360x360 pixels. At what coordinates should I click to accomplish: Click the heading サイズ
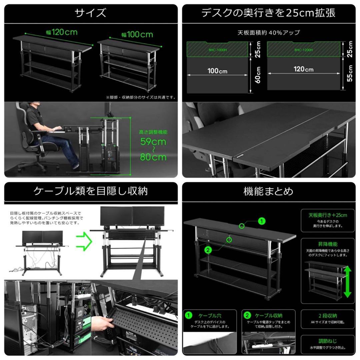pyautogui.click(x=90, y=13)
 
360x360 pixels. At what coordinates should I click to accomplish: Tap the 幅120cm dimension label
pyautogui.click(x=62, y=32)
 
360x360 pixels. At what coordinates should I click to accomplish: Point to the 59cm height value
pyautogui.click(x=153, y=142)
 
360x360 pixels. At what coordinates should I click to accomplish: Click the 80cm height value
pyautogui.click(x=153, y=157)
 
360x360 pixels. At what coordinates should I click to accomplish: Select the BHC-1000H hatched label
pyautogui.click(x=217, y=50)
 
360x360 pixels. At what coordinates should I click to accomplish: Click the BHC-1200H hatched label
pyautogui.click(x=303, y=50)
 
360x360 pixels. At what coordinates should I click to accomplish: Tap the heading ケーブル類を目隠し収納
pyautogui.click(x=90, y=191)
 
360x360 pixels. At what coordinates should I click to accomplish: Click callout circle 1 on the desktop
pyautogui.click(x=262, y=221)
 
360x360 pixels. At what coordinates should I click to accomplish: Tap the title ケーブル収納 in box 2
pyautogui.click(x=268, y=315)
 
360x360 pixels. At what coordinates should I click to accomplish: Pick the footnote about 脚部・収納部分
pyautogui.click(x=141, y=97)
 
